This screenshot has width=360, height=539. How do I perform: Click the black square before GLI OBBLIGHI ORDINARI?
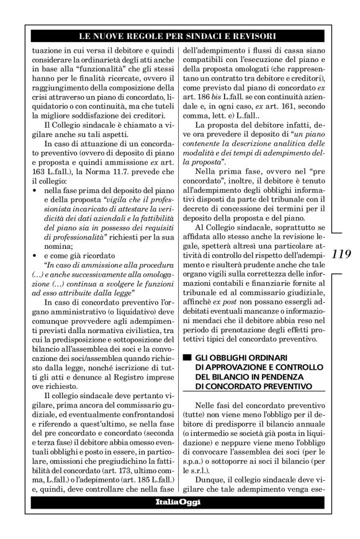tap(184, 359)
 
